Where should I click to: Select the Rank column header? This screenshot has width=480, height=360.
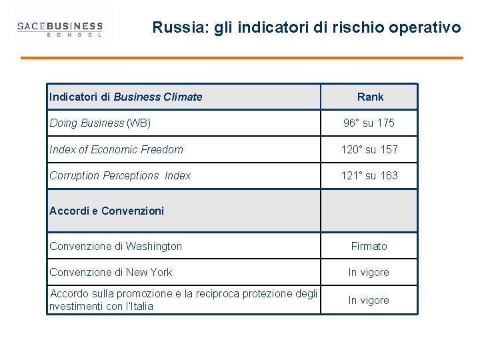click(x=370, y=97)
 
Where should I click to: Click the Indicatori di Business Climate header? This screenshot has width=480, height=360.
click(x=126, y=97)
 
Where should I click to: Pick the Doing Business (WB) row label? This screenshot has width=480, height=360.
click(x=100, y=123)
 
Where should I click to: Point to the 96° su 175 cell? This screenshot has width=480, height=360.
click(x=369, y=123)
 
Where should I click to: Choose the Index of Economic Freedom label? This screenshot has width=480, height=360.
click(x=116, y=149)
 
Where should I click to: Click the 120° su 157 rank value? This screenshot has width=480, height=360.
click(x=369, y=149)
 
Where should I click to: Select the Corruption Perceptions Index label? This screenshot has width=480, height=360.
click(x=120, y=175)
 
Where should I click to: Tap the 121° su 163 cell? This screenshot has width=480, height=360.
click(x=369, y=175)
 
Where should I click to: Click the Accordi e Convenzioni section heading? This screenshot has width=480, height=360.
click(x=107, y=211)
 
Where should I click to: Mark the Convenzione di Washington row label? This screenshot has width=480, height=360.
click(x=115, y=246)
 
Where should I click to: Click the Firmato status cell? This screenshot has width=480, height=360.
click(x=369, y=246)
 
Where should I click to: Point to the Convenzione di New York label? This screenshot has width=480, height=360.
click(x=111, y=272)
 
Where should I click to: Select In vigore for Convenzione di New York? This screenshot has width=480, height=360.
click(x=369, y=272)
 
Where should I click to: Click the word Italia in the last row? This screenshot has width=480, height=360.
click(x=139, y=307)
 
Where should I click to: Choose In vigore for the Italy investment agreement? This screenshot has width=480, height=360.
click(x=369, y=300)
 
